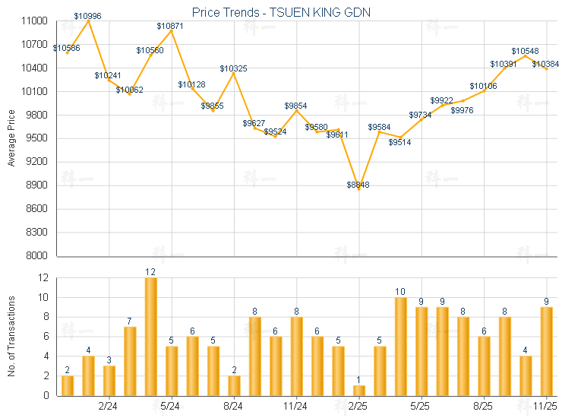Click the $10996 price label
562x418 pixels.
(x=88, y=16)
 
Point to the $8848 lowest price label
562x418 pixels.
(x=358, y=185)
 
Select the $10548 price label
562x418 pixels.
(x=525, y=51)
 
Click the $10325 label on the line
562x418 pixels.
(x=233, y=68)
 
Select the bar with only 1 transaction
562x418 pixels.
(x=359, y=390)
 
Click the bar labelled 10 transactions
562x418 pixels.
(x=401, y=346)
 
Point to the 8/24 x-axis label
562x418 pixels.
(x=234, y=407)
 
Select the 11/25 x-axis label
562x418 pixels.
(x=545, y=407)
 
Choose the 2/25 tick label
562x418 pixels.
(x=358, y=407)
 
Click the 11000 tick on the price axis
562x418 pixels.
(x=36, y=21)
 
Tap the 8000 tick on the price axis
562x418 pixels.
(x=38, y=255)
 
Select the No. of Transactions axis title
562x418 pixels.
(x=11, y=336)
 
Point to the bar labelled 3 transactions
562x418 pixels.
(x=109, y=380)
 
